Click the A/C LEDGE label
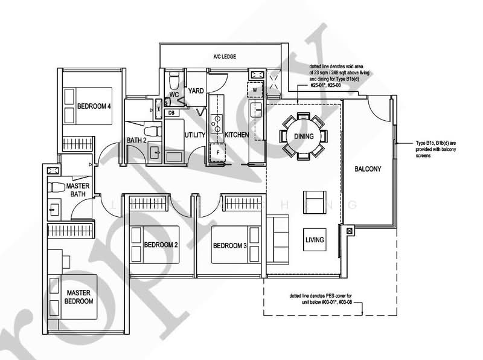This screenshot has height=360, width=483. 224,56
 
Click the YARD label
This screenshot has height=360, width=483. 196,91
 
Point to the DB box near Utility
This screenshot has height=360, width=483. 171,113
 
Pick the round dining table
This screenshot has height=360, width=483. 304,136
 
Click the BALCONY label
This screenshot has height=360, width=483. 368,169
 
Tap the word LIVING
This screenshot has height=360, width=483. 315,240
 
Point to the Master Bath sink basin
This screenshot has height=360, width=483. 54,210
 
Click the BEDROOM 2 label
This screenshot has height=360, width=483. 161,245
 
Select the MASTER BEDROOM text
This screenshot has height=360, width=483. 79,297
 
